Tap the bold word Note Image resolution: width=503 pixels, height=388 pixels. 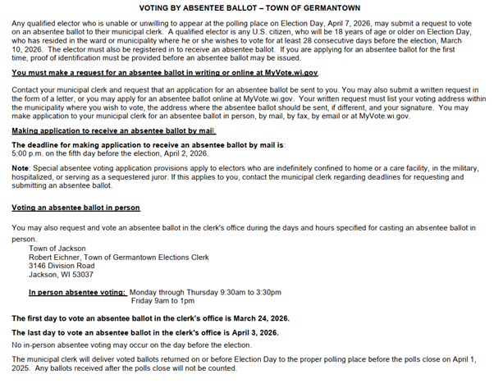(21, 167)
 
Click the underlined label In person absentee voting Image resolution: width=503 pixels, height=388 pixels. (77, 292)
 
